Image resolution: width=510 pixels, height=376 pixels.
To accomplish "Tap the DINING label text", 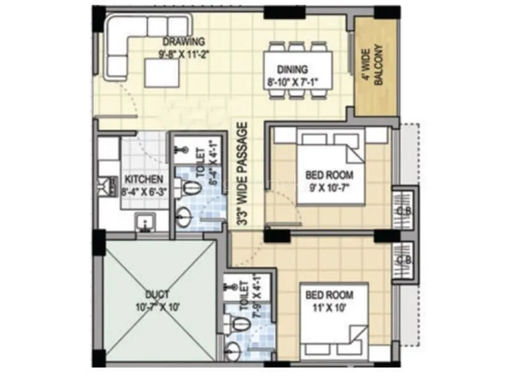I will (x=293, y=69).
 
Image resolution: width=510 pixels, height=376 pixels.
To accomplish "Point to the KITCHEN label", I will (x=143, y=180).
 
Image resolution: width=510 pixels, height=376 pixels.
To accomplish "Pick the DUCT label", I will (x=157, y=294).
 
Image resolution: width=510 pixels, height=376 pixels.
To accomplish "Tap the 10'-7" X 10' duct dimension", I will (x=157, y=307).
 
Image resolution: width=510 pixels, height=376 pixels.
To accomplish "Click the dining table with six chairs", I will (x=298, y=69).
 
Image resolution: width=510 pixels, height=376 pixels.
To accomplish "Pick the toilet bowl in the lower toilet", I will (x=240, y=322).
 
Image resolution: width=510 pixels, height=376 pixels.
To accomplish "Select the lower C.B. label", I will (x=403, y=260).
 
